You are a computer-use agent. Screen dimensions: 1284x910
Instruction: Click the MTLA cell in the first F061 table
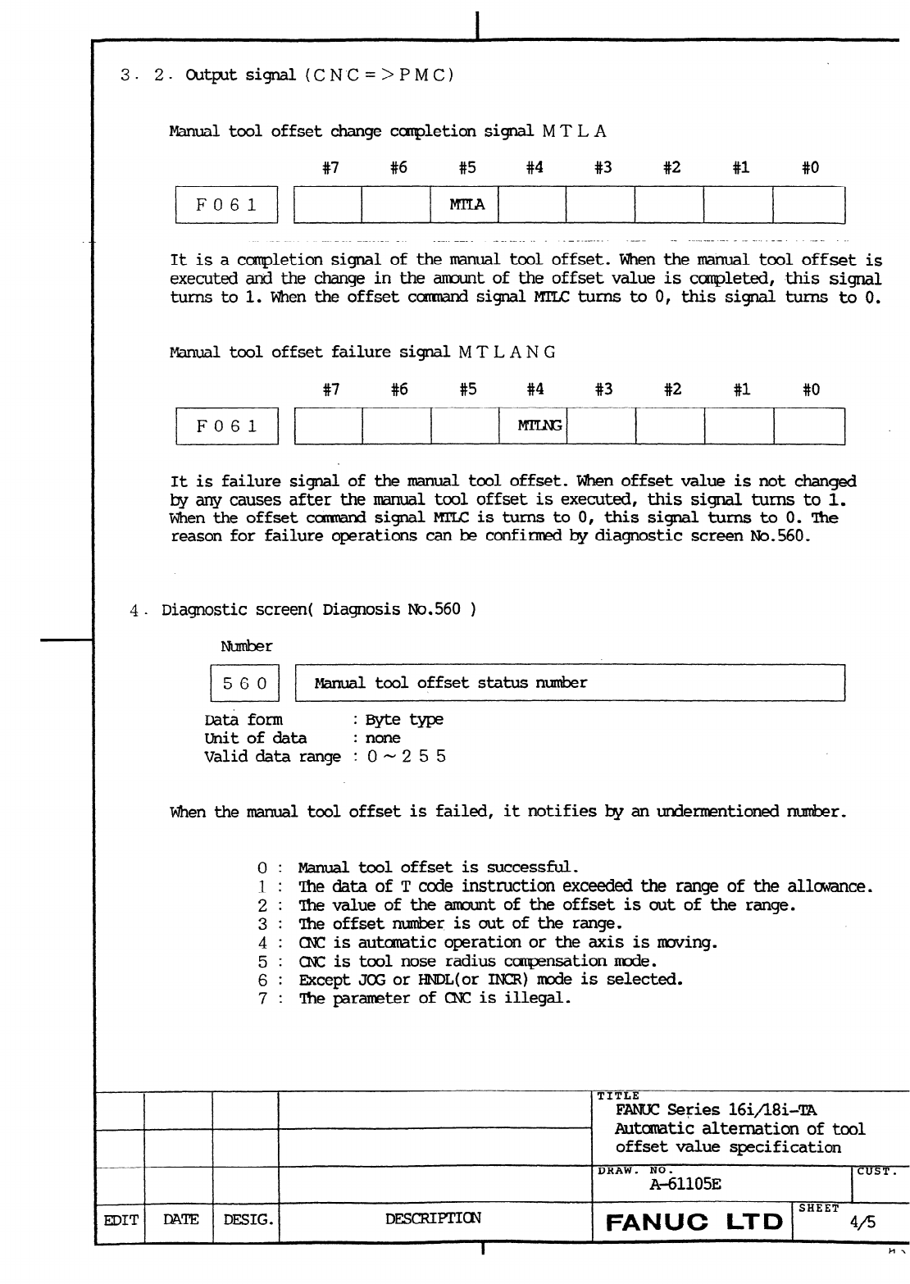click(466, 205)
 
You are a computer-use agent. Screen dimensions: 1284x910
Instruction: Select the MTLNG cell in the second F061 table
click(535, 426)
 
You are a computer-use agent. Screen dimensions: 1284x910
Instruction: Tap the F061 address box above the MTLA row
click(226, 205)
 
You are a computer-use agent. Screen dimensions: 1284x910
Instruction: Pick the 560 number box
click(244, 683)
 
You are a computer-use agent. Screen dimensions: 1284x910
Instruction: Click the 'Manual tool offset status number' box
click(569, 683)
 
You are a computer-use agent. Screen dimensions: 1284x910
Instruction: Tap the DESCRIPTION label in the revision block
click(433, 1218)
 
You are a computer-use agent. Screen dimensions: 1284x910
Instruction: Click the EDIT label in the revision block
click(120, 1219)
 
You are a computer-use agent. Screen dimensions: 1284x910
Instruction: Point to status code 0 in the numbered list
click(262, 867)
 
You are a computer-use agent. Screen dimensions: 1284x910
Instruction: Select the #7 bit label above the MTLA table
click(330, 168)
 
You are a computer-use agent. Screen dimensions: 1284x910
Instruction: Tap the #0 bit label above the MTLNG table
click(810, 389)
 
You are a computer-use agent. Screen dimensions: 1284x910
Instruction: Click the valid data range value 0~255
click(406, 756)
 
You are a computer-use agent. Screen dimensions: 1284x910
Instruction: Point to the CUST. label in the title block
click(876, 1171)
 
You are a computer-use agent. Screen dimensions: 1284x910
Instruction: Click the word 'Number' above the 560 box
click(246, 646)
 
